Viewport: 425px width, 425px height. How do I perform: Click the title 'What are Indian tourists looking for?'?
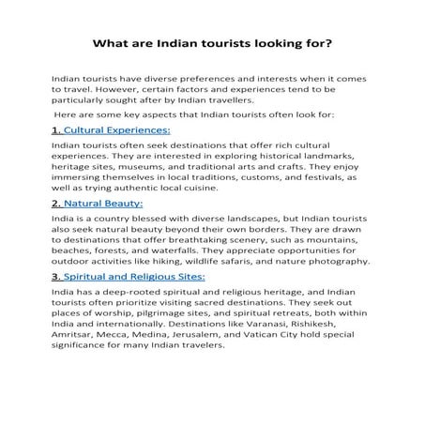212,43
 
